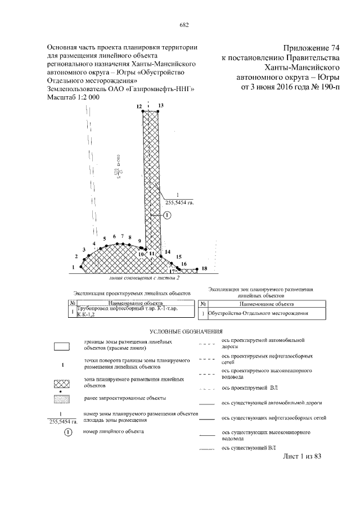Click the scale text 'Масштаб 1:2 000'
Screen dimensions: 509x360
click(x=74, y=97)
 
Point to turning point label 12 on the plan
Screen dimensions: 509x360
click(x=138, y=106)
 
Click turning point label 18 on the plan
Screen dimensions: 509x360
click(x=204, y=268)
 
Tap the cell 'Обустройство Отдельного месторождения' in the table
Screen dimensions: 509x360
click(x=262, y=313)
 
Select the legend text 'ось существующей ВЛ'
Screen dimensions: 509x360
click(x=248, y=448)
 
